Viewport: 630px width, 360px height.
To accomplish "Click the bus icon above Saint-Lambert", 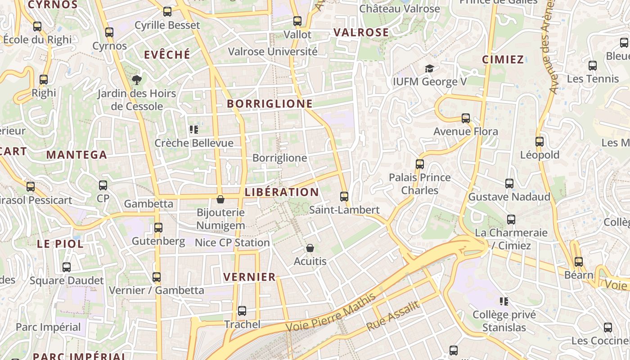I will pyautogui.click(x=344, y=196).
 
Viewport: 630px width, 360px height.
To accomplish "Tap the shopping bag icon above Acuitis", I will pyautogui.click(x=310, y=248).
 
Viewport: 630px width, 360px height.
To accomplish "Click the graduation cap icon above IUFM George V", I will pyautogui.click(x=429, y=69).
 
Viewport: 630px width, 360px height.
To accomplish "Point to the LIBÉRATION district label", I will pyautogui.click(x=282, y=192).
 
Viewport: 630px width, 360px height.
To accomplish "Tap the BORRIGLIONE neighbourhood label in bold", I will pyautogui.click(x=270, y=103).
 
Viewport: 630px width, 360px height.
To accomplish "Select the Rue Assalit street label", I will pyautogui.click(x=393, y=316).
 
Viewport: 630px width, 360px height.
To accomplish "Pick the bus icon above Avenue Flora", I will pyautogui.click(x=466, y=118).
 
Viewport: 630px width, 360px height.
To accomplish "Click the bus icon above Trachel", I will pyautogui.click(x=242, y=311).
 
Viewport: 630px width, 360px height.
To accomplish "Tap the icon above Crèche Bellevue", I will pyautogui.click(x=194, y=130).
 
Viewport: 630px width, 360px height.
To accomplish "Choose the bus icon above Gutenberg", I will pyautogui.click(x=158, y=228).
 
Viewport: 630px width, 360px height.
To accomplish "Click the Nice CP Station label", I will pyautogui.click(x=232, y=243).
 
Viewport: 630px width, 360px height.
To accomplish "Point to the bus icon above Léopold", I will pyautogui.click(x=540, y=142).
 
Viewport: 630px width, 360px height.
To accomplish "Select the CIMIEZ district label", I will pyautogui.click(x=503, y=59).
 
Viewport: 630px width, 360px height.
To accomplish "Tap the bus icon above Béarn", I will pyautogui.click(x=579, y=261).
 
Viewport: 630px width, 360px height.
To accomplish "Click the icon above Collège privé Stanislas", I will pyautogui.click(x=504, y=301).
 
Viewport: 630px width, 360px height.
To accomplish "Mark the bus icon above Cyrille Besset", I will pyautogui.click(x=167, y=12).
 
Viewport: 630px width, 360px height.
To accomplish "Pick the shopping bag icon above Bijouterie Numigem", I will pyautogui.click(x=220, y=199).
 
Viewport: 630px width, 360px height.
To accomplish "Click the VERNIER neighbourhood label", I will pyautogui.click(x=249, y=277).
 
